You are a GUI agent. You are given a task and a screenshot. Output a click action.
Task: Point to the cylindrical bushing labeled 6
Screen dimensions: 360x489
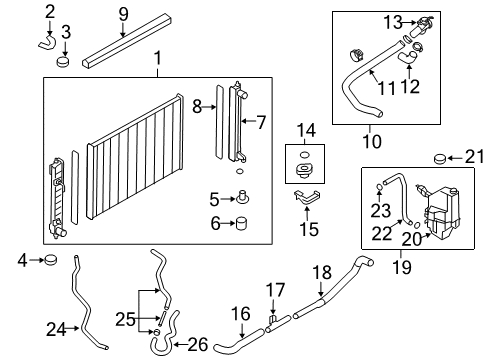pyautogui.click(x=241, y=224)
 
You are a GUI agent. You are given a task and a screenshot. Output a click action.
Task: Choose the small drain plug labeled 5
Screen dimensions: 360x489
pyautogui.click(x=241, y=199)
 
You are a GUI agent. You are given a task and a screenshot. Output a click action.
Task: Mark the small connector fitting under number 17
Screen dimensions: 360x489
pyautogui.click(x=272, y=317)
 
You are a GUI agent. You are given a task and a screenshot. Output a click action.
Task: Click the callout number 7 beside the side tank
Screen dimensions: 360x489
pyautogui.click(x=261, y=122)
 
